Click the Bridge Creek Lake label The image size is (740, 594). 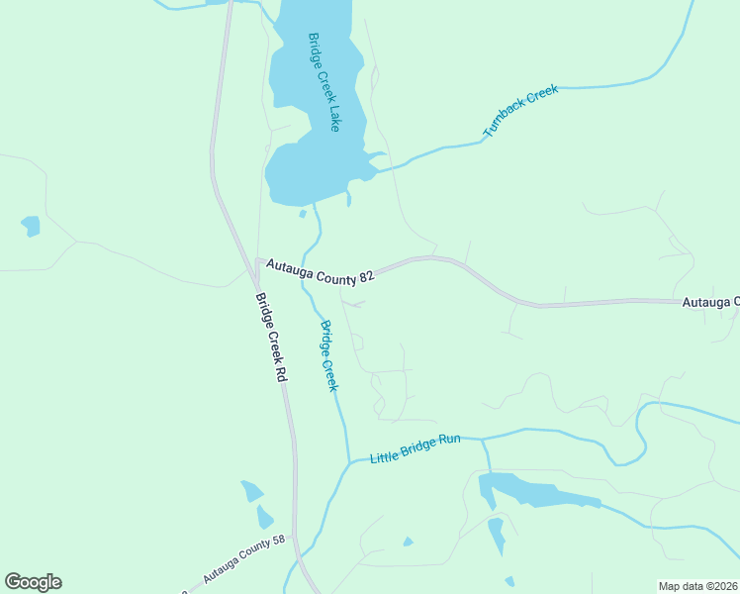[324, 82]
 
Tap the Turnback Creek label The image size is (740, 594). [520, 110]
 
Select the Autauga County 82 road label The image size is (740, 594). [312, 274]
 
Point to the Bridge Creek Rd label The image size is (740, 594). [270, 337]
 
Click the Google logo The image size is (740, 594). [33, 582]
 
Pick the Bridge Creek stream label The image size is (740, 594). [328, 354]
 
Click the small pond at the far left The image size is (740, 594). [31, 227]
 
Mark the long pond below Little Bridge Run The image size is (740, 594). [534, 491]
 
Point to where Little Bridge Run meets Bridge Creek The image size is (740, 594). [348, 461]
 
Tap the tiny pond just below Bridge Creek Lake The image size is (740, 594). [303, 213]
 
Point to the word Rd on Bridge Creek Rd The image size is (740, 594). [281, 373]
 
